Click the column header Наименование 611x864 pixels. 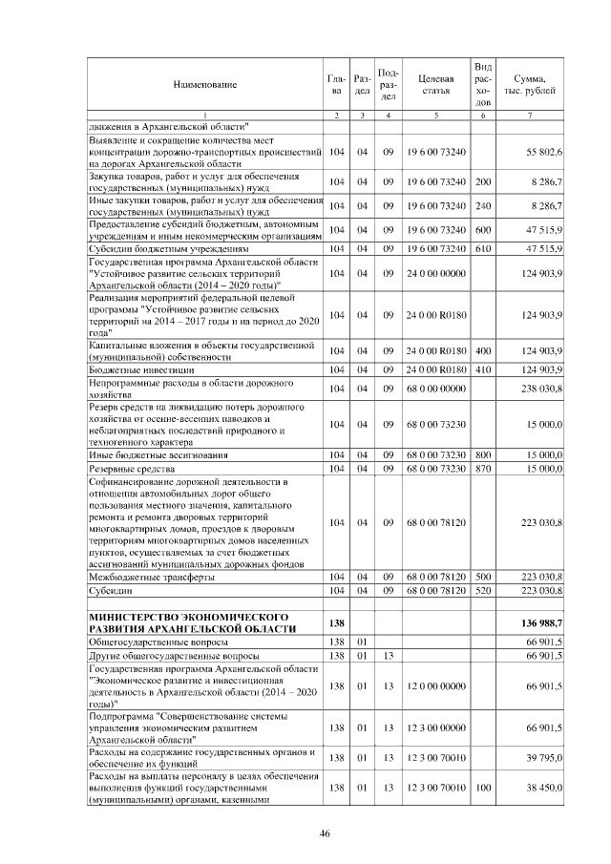coord(204,85)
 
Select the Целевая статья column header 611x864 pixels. coord(435,85)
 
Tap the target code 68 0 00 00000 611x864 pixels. coord(435,389)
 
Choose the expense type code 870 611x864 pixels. coord(483,469)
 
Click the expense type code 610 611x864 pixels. coord(483,248)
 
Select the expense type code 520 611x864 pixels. coord(483,592)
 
